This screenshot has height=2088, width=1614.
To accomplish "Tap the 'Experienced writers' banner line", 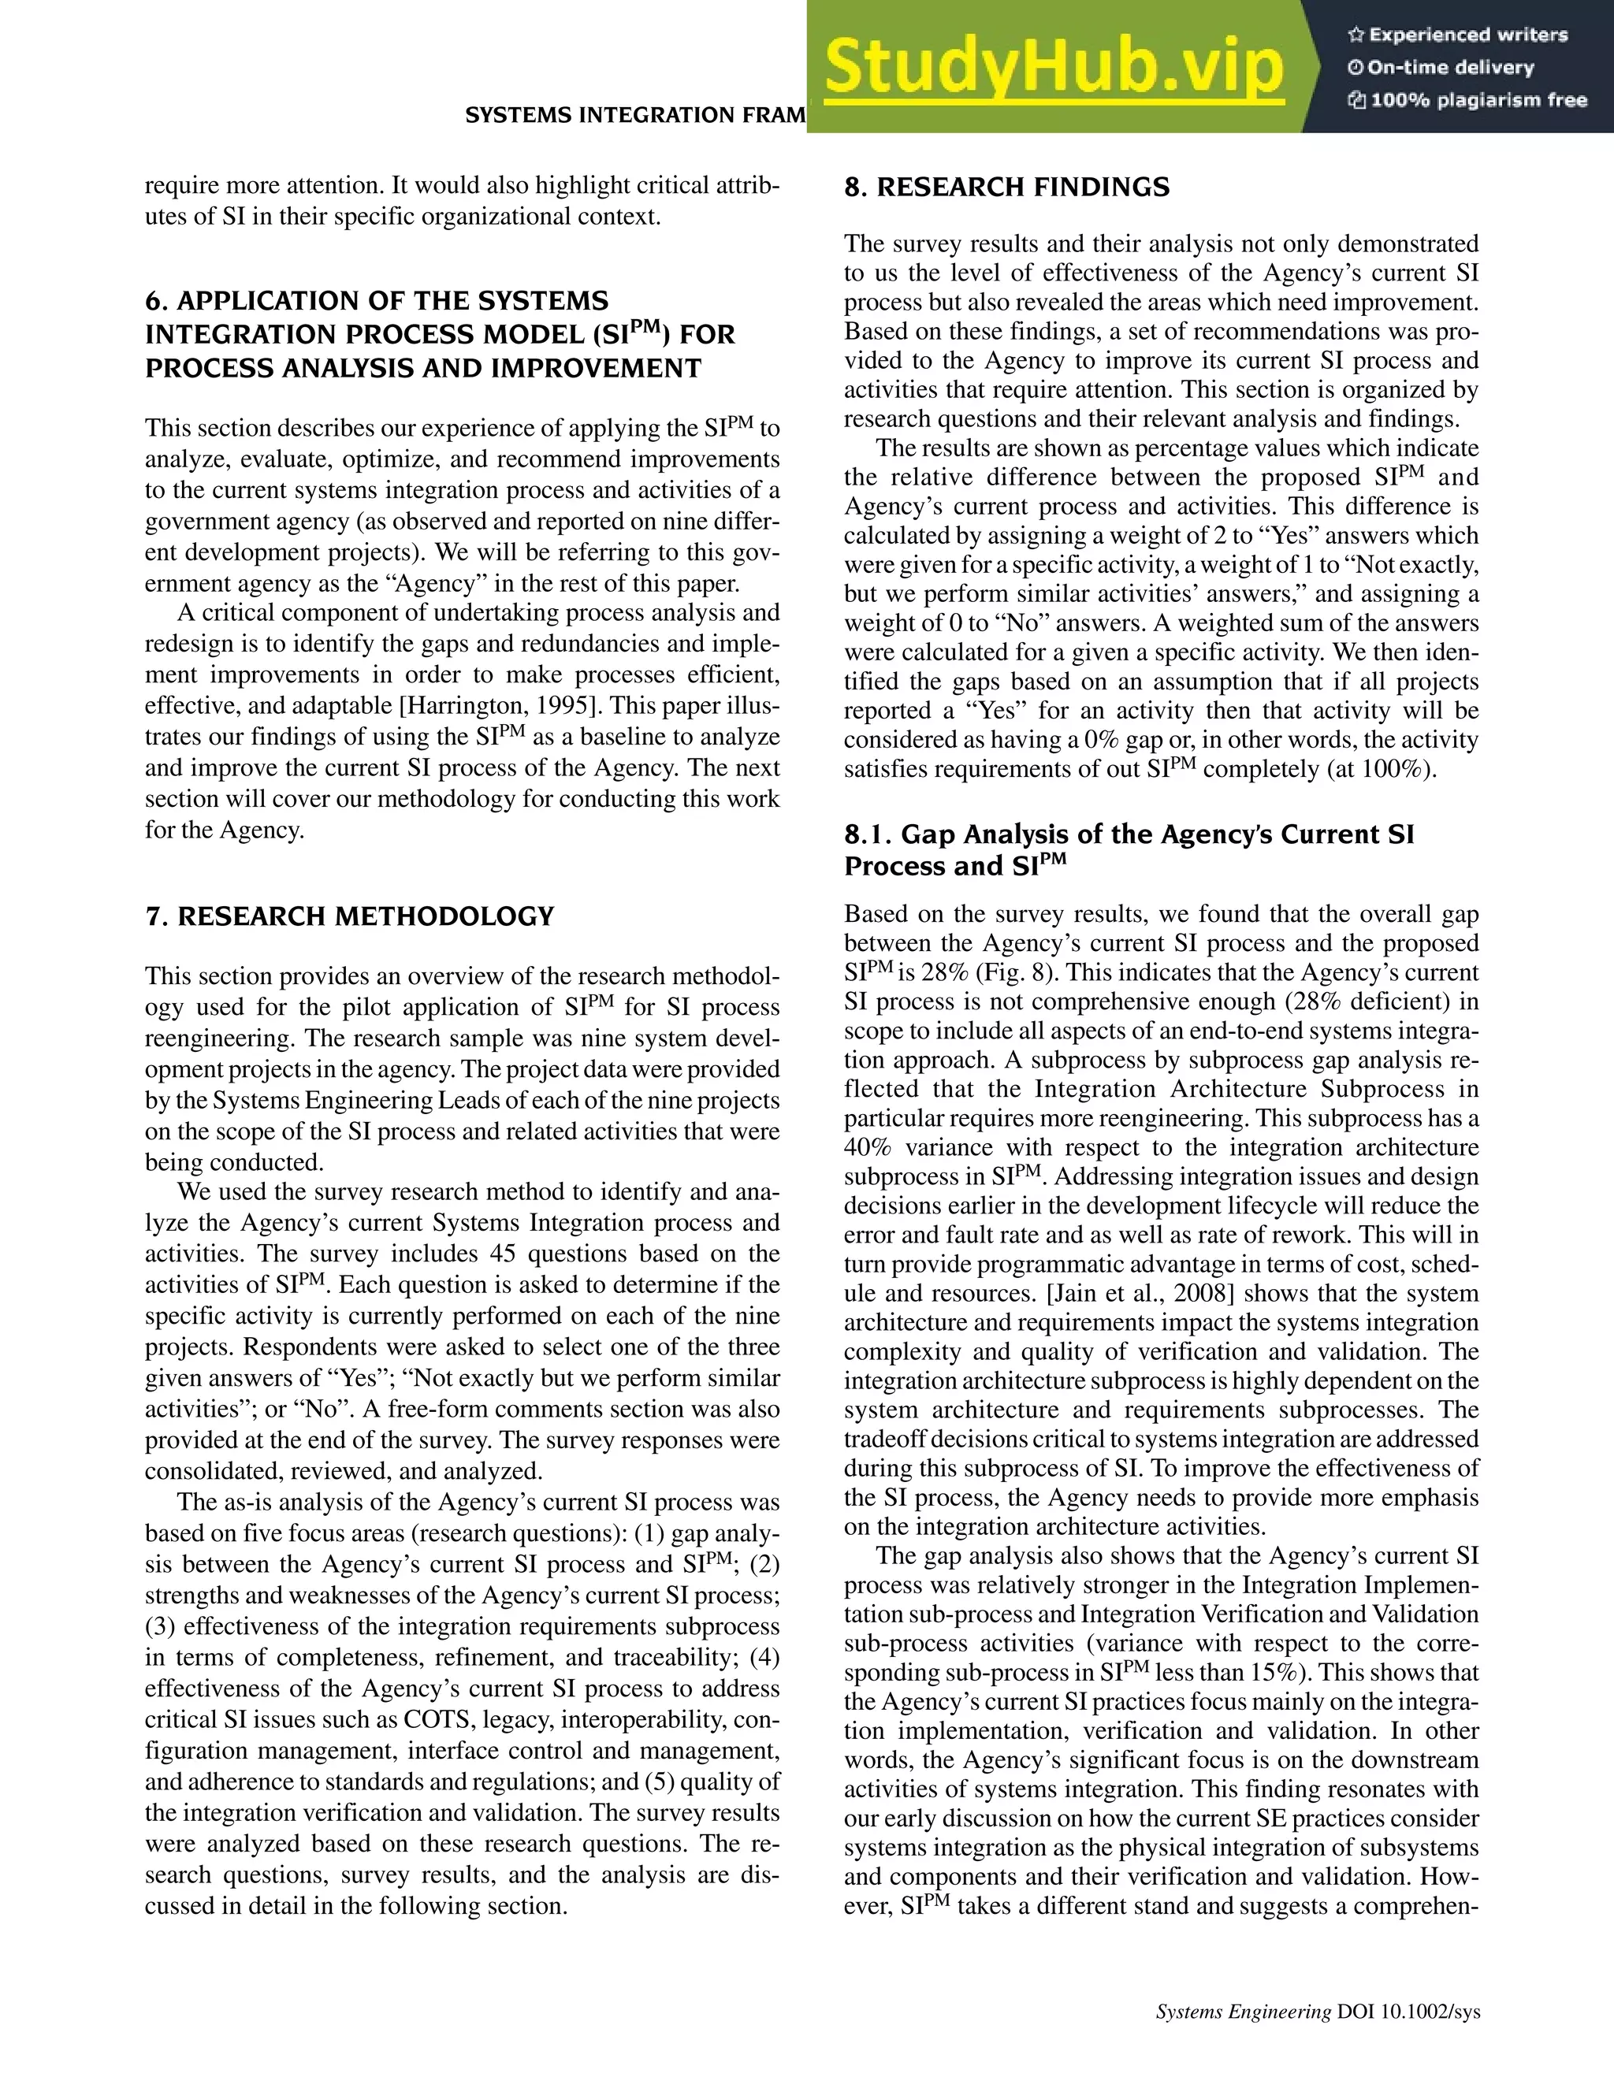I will point(1467,35).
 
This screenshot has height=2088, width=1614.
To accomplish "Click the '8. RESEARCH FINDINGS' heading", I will point(1006,188).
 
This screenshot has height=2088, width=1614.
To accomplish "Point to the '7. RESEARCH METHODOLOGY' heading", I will point(349,917).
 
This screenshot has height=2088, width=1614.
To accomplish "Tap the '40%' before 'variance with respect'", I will point(867,1147).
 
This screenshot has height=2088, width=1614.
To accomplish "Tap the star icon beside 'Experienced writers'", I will point(1355,35).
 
